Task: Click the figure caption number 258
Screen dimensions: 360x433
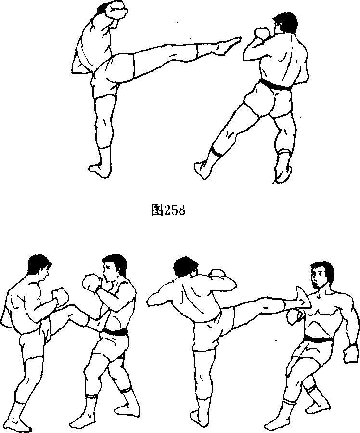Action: point(174,210)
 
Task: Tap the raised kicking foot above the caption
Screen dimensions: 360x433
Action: point(226,46)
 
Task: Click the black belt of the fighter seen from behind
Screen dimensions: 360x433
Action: point(276,84)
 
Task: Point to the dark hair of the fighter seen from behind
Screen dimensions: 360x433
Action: point(287,21)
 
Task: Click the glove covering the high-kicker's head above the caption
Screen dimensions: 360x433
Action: point(116,10)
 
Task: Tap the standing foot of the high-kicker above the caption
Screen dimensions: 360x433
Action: point(100,171)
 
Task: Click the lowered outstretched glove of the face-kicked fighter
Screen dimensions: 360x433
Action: point(350,353)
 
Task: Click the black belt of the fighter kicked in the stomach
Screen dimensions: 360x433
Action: point(116,331)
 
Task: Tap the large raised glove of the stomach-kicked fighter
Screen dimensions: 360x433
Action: point(91,282)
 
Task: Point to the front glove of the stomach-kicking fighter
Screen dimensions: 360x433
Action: point(61,297)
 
